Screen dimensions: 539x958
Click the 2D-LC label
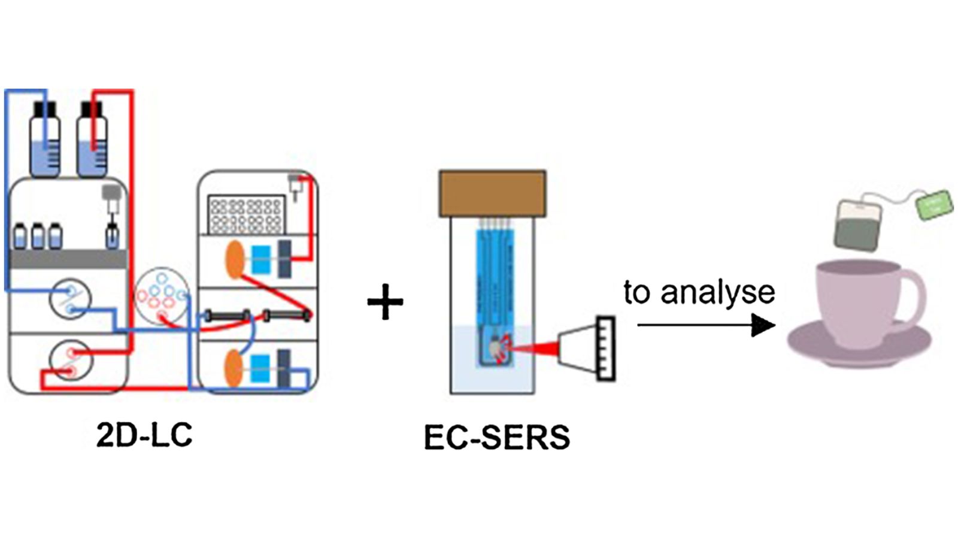point(144,435)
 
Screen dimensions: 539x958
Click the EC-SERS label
point(496,437)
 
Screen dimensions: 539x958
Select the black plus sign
point(385,302)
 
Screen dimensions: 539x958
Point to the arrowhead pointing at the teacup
point(763,325)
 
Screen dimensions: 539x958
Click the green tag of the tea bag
point(934,205)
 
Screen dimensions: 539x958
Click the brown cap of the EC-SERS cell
point(492,193)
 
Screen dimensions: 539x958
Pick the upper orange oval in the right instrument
point(235,259)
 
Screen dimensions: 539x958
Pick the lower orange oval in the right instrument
point(235,368)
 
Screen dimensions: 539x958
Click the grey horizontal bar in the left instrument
point(68,259)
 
